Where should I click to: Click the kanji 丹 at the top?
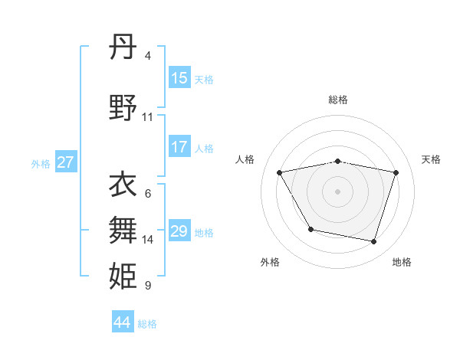(x=123, y=47)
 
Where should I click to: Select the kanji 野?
(x=123, y=108)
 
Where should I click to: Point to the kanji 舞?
(x=123, y=228)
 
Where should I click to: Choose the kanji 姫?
(x=123, y=275)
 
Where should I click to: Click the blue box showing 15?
(x=179, y=78)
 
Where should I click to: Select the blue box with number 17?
(x=179, y=147)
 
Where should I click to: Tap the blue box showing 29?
(x=179, y=231)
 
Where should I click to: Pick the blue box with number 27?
(x=66, y=162)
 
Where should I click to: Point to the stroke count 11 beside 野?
(x=148, y=117)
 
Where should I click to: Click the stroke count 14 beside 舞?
(x=148, y=240)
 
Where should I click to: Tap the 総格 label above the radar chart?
(x=338, y=100)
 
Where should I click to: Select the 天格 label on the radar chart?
(x=431, y=159)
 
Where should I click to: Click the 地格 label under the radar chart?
(x=402, y=262)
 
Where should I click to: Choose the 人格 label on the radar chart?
(x=245, y=159)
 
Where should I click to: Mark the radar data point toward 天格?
(x=396, y=172)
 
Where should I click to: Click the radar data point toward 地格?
(x=373, y=242)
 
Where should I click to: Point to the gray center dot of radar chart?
(x=338, y=191)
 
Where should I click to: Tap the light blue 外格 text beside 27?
(x=41, y=163)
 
